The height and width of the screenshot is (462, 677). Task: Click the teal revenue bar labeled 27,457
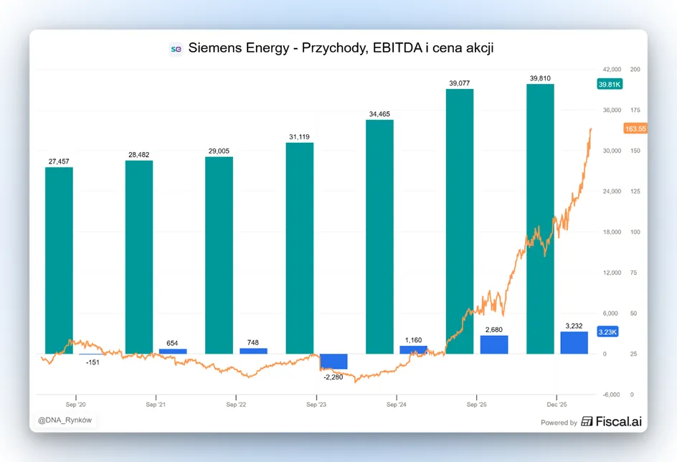(59, 260)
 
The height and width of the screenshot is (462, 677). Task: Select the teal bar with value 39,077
(460, 222)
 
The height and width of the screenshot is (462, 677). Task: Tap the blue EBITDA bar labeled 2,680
(494, 344)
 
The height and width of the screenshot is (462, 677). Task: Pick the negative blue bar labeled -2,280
(333, 362)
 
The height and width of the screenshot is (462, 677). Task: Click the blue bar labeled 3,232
(574, 343)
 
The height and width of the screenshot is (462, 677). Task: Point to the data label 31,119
(299, 137)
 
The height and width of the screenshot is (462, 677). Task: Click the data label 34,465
(379, 114)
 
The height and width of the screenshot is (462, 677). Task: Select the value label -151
(93, 362)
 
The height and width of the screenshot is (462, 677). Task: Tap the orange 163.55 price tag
(635, 128)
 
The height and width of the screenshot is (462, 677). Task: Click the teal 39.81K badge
(610, 84)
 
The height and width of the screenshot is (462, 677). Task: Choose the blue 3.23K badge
(607, 331)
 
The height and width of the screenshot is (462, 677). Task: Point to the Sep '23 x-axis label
(316, 405)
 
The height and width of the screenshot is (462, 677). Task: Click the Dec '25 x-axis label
(557, 405)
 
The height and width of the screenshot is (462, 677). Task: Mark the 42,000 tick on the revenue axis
(612, 69)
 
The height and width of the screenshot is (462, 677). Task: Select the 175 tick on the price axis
(635, 110)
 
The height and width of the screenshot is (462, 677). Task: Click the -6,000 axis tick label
(611, 395)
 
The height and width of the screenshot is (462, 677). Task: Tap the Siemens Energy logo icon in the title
(176, 49)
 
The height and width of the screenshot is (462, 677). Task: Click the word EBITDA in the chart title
(397, 48)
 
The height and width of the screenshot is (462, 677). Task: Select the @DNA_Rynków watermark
(65, 420)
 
